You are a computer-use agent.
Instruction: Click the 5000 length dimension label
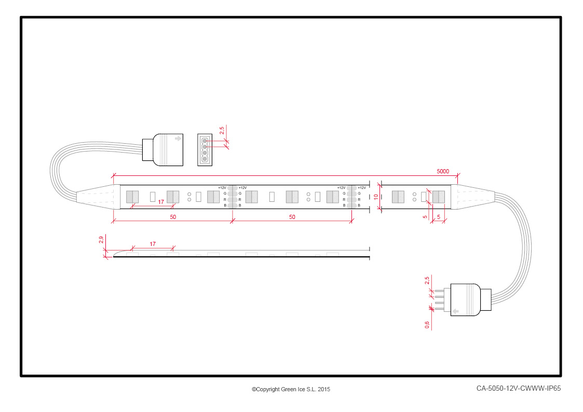pyautogui.click(x=442, y=171)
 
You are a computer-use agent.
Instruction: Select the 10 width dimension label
pyautogui.click(x=376, y=197)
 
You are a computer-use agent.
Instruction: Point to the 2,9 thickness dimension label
pyautogui.click(x=101, y=240)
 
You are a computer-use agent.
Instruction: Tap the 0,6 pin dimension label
pyautogui.click(x=427, y=325)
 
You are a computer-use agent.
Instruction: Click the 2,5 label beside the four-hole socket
pyautogui.click(x=222, y=130)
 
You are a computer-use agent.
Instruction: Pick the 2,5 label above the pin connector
pyautogui.click(x=427, y=281)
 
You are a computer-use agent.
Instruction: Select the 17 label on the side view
pyautogui.click(x=153, y=244)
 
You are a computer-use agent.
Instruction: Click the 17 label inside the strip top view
pyautogui.click(x=160, y=202)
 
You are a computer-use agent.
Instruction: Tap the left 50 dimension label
pyautogui.click(x=173, y=217)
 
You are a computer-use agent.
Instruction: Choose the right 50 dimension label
pyautogui.click(x=292, y=217)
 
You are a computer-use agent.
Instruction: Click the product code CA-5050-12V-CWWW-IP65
pyautogui.click(x=518, y=388)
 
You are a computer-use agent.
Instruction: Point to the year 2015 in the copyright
pyautogui.click(x=324, y=389)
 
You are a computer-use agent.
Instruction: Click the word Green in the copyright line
pyautogui.click(x=289, y=389)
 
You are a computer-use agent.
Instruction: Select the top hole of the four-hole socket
pyautogui.click(x=205, y=141)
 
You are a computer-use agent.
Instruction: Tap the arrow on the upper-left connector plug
pyautogui.click(x=178, y=139)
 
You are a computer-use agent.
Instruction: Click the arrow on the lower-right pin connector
pyautogui.click(x=455, y=311)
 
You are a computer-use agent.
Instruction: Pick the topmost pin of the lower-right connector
pyautogui.click(x=440, y=291)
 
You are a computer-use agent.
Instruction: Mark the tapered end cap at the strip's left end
pyautogui.click(x=99, y=197)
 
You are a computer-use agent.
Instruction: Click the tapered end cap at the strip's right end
pyautogui.click(x=472, y=197)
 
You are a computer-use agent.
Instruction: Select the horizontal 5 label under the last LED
pyautogui.click(x=439, y=217)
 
